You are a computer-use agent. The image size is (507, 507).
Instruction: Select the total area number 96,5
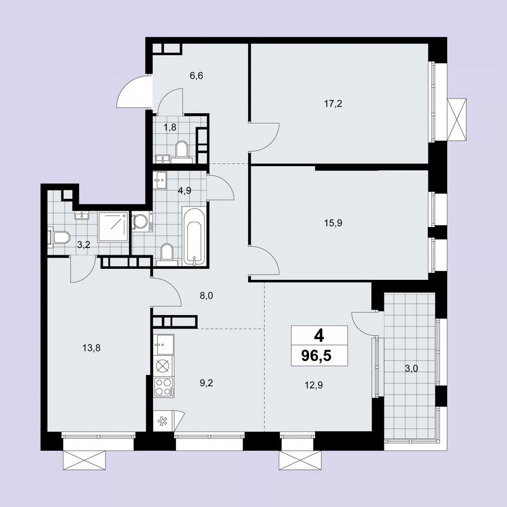point(319,356)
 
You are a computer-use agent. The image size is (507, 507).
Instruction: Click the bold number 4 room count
point(319,336)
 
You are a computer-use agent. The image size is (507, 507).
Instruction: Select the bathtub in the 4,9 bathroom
point(194,235)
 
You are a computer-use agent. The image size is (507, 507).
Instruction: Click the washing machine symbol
point(141,222)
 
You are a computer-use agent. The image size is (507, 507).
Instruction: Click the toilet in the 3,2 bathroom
point(60,238)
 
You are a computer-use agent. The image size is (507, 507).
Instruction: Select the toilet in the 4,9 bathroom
point(167,253)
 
